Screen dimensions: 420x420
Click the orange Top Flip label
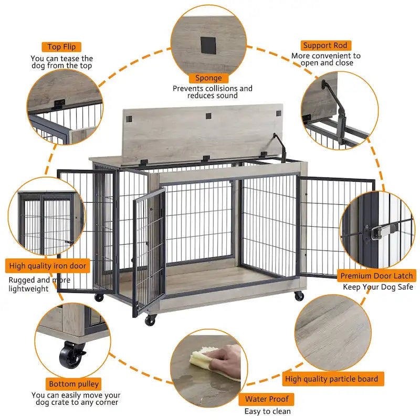point(61,47)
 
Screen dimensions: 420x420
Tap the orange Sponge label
point(208,78)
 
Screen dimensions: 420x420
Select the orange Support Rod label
point(325,46)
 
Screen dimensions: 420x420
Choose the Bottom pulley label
point(73,384)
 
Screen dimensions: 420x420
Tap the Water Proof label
point(267,399)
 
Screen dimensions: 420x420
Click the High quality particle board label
point(331,378)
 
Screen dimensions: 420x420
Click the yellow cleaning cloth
point(201,360)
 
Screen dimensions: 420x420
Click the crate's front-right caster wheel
point(299,296)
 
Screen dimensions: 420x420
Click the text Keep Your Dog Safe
point(378,287)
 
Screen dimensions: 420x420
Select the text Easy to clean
point(267,411)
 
